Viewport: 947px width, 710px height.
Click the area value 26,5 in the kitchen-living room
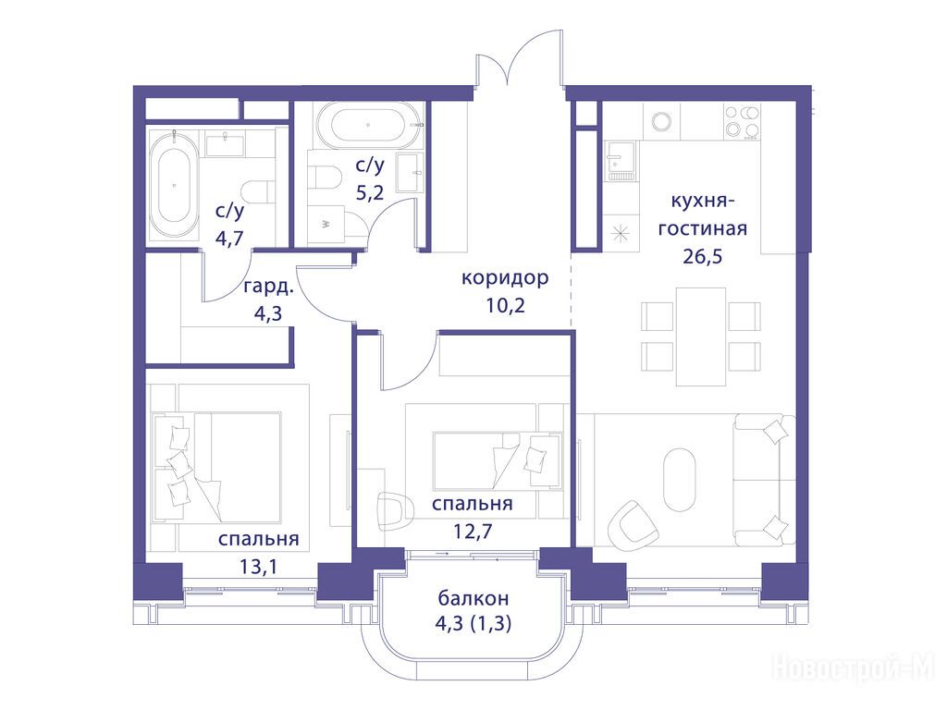coord(703,257)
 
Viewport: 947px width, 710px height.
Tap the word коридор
coord(505,278)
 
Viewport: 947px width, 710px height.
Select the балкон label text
coord(473,598)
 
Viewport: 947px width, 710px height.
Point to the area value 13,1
coord(259,567)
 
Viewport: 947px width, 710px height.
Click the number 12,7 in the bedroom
coord(473,531)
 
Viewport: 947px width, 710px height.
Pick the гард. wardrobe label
coord(268,287)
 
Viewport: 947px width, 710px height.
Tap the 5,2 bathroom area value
coord(370,192)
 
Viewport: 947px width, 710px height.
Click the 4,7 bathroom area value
coord(229,238)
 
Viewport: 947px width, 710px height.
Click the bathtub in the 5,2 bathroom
coord(368,126)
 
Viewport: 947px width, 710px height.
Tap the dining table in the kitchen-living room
coord(701,337)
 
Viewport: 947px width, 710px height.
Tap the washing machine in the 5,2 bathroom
coord(326,225)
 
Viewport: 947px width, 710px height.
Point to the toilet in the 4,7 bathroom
coord(255,191)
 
